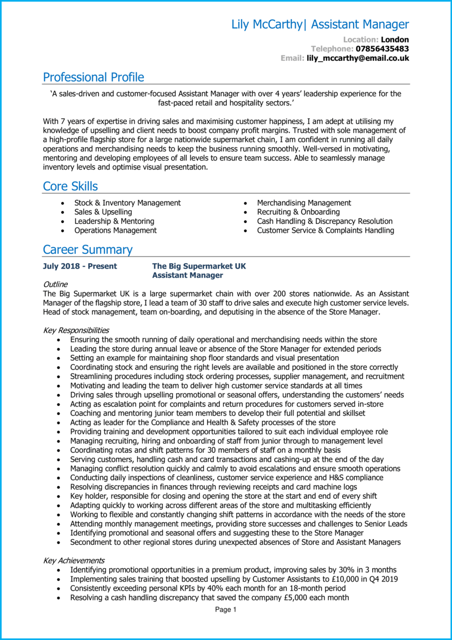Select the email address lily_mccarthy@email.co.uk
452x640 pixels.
coord(357,58)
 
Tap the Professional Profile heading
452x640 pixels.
coord(93,77)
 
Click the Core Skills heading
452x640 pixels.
coord(71,187)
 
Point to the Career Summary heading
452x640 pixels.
coord(87,250)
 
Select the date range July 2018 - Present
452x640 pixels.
coord(80,266)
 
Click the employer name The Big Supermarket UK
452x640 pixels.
coord(199,266)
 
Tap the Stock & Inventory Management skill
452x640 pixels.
coord(127,203)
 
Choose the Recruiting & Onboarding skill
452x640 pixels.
coord(298,212)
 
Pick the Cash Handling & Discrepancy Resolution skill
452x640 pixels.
coord(325,222)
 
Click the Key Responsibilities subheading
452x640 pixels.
coord(76,330)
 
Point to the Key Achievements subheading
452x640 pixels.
coord(74,561)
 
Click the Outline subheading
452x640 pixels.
coord(55,284)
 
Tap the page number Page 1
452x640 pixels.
coord(226,610)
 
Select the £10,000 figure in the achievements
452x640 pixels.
coord(322,579)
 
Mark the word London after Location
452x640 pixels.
coord(395,39)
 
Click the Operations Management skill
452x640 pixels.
coord(115,231)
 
